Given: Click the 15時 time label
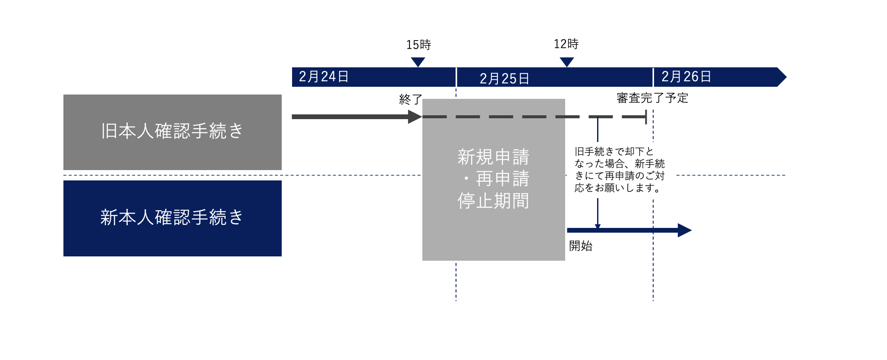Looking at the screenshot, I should [x=418, y=44].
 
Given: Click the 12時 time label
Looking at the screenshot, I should [x=566, y=44].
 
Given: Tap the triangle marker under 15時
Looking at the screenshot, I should [x=418, y=62].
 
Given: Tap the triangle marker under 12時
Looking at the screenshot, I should [x=566, y=62].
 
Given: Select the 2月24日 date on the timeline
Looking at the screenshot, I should [x=324, y=77].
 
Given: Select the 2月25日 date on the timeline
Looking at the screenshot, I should [x=504, y=79].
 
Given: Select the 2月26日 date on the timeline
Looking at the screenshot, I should [x=686, y=77].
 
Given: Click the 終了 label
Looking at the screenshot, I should [x=410, y=99].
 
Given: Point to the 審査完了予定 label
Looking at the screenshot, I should [x=652, y=98].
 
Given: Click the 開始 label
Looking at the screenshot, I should [x=580, y=246].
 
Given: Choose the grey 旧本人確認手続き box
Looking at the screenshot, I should [x=172, y=132].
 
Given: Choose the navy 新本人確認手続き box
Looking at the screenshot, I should [x=172, y=218].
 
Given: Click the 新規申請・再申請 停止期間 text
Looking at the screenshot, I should [x=494, y=179].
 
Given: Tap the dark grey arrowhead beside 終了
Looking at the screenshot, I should [x=415, y=117].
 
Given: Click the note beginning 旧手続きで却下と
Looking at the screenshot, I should [x=620, y=170].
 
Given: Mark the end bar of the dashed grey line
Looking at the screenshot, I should [x=646, y=117].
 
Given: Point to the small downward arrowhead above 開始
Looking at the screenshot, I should [x=598, y=227].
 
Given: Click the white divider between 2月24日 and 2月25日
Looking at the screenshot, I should [x=456, y=77].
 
